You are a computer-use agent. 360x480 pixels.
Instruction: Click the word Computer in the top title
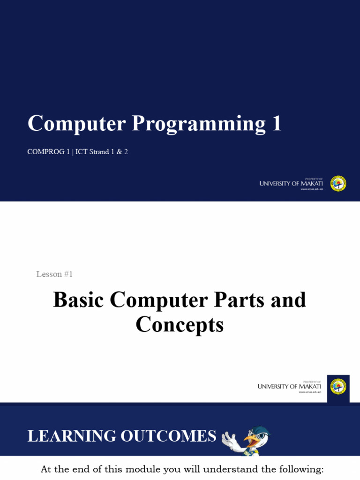[x=76, y=123]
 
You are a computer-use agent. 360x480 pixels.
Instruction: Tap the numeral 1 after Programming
[x=276, y=123]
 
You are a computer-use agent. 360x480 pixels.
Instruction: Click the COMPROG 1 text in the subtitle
[x=47, y=152]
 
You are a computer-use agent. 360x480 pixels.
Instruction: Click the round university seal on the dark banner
[x=338, y=183]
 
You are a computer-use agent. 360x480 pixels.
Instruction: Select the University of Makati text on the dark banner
[x=291, y=184]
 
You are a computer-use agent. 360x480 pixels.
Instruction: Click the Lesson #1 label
[x=54, y=274]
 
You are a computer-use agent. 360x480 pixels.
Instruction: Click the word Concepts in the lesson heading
[x=180, y=324]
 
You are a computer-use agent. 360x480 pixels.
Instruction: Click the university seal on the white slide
[x=338, y=387]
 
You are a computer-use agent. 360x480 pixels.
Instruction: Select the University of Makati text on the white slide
[x=289, y=387]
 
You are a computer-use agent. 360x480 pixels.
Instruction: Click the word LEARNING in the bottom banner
[x=71, y=436]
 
